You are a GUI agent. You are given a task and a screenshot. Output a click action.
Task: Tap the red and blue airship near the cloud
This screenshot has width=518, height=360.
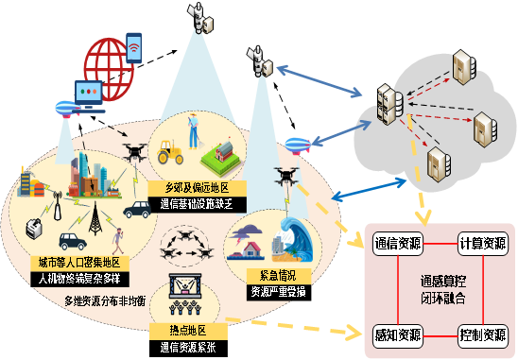click(293, 146)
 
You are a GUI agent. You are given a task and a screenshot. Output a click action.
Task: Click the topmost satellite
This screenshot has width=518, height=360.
click(199, 12)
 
